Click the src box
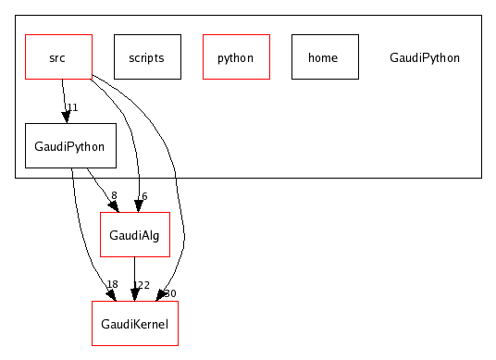(57, 57)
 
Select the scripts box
(147, 57)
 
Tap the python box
(236, 57)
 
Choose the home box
(325, 57)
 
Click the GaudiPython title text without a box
(425, 57)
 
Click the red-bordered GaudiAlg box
(134, 235)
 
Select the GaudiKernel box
(134, 323)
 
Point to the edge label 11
(72, 107)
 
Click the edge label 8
(114, 195)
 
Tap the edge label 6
(144, 195)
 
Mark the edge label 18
(112, 284)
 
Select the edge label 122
(142, 284)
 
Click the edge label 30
(170, 293)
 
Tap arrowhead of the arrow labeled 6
(140, 205)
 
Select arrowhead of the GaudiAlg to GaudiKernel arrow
(135, 293)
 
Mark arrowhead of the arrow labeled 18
(110, 294)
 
